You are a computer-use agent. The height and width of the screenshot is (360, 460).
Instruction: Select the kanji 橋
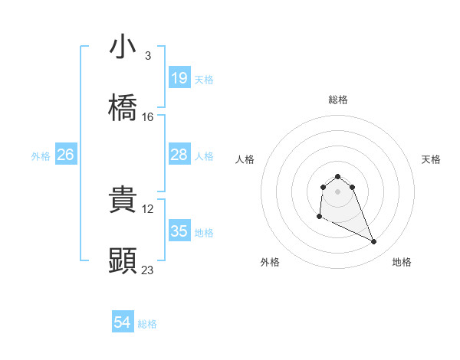(123, 108)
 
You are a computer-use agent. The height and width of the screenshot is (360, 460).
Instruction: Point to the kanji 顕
(123, 261)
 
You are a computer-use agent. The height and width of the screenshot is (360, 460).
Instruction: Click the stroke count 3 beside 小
(148, 56)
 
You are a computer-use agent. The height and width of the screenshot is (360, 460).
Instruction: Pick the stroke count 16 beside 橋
(148, 117)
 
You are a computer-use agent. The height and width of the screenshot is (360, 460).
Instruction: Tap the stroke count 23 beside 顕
(148, 270)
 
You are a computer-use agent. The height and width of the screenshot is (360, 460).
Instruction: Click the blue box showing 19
(179, 78)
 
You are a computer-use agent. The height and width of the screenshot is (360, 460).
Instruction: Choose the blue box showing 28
(179, 155)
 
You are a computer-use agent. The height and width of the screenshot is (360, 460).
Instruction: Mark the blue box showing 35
(179, 231)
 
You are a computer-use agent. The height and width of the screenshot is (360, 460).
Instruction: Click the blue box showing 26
(65, 155)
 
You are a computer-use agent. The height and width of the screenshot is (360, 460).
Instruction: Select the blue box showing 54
(122, 323)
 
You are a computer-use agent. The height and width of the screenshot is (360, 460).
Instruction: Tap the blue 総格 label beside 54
(147, 324)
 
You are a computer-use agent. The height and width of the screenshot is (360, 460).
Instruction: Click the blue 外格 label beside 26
(41, 155)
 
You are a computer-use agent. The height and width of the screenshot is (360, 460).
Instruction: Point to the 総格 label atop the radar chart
(337, 100)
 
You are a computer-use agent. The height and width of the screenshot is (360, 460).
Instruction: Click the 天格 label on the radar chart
(432, 159)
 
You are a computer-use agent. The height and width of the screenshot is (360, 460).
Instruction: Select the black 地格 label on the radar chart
(402, 262)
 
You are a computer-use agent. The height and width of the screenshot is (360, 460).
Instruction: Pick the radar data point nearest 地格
(374, 242)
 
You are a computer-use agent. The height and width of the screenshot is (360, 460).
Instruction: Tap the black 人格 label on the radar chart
(245, 159)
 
